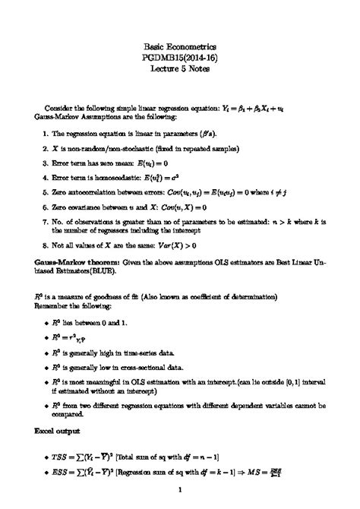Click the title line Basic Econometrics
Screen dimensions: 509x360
click(x=179, y=46)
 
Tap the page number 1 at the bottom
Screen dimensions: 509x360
click(x=180, y=499)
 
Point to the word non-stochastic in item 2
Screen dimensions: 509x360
click(x=125, y=149)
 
